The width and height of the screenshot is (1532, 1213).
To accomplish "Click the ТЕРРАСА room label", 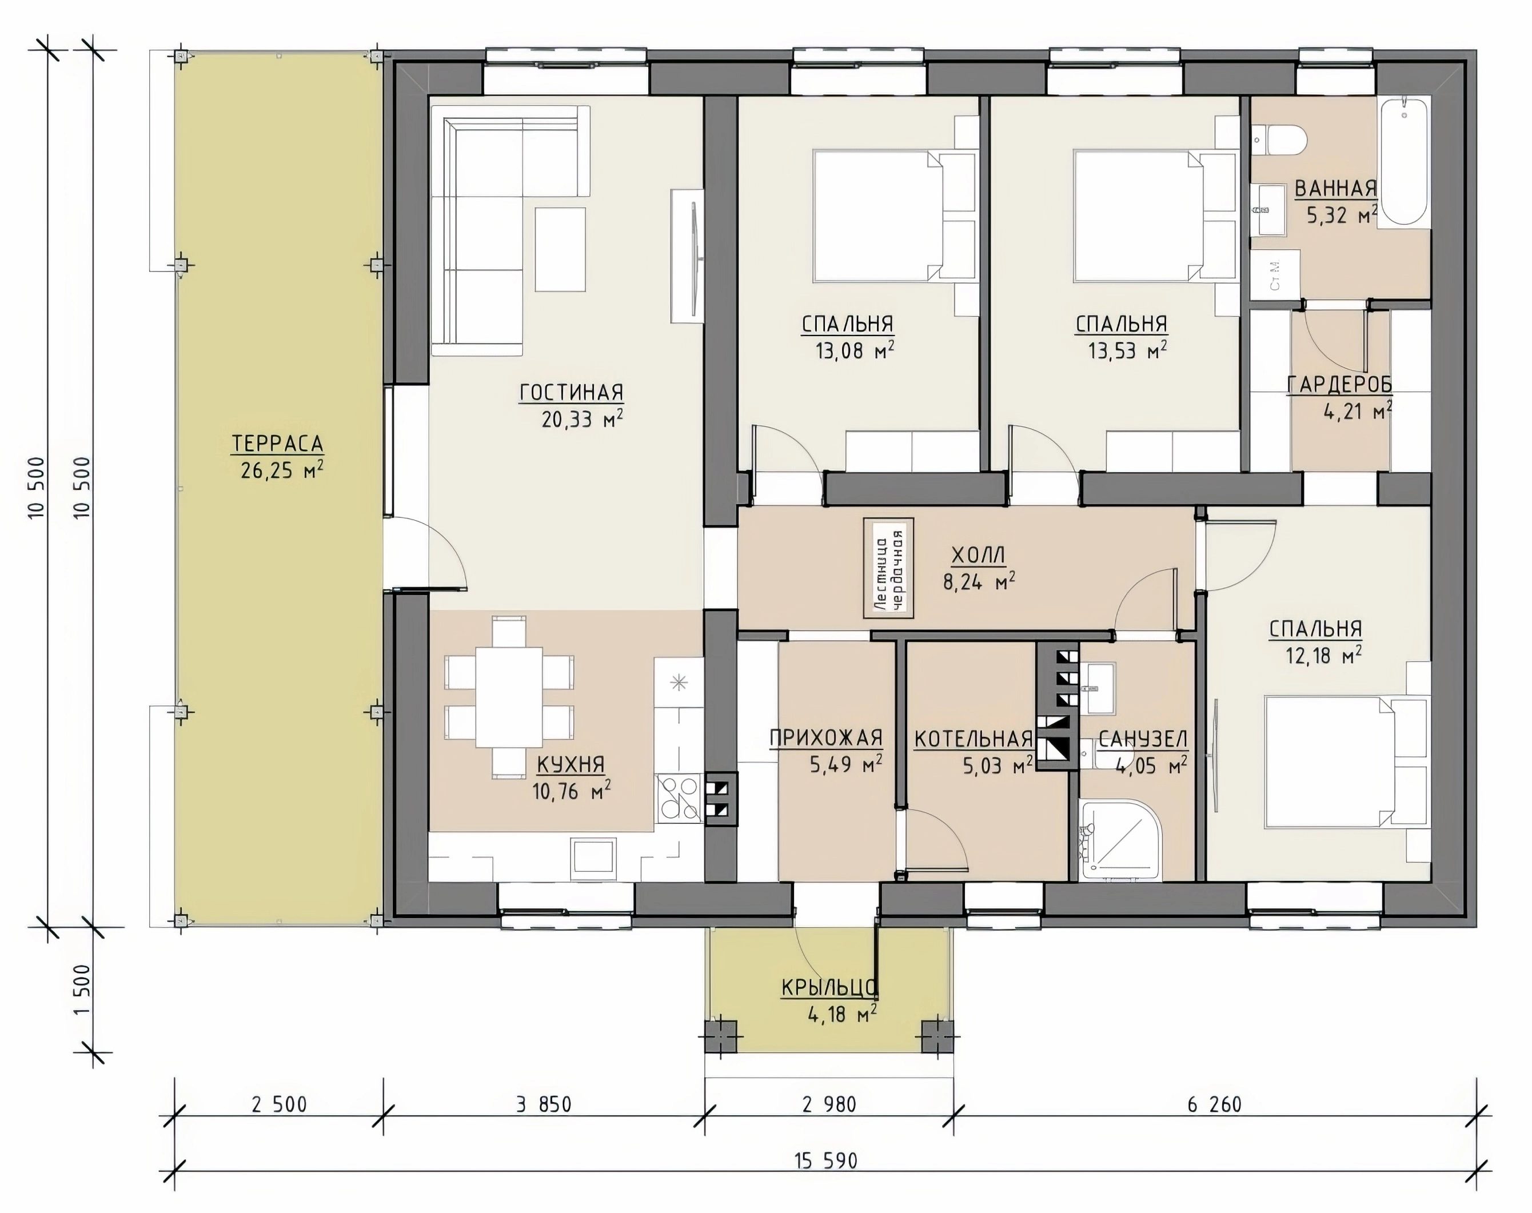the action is (278, 444).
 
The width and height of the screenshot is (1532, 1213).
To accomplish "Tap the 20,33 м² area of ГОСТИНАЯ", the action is (583, 419).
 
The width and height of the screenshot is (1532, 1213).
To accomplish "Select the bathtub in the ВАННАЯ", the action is (1403, 163).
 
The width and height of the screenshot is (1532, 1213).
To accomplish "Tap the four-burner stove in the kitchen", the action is (679, 797).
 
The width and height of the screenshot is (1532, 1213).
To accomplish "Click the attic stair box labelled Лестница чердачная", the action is (888, 568).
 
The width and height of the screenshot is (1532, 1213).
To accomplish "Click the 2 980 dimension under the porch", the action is (829, 1104).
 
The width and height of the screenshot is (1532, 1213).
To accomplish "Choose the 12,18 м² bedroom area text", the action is (1323, 654).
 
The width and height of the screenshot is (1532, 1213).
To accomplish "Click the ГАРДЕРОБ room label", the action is (1339, 384).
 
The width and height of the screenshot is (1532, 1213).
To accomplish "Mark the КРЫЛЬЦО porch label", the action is (829, 988).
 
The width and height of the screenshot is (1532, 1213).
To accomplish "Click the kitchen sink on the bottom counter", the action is (595, 856).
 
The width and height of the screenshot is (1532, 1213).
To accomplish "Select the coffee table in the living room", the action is (560, 249).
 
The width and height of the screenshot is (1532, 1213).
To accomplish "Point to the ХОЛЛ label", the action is (978, 554).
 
